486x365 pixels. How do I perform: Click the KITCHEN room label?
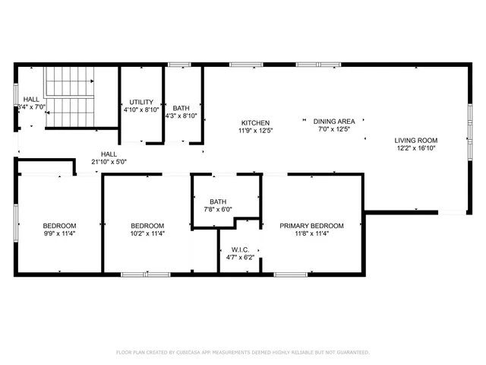pos(254,123)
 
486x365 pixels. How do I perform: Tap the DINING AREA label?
pos(334,121)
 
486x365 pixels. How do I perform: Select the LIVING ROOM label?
pos(415,140)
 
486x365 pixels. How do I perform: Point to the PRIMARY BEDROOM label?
pos(311,226)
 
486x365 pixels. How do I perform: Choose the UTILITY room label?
pos(141,102)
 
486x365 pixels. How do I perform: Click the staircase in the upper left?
pos(68,97)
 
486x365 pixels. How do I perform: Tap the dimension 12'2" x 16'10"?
pos(415,149)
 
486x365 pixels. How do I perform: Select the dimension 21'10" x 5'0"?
pos(109,161)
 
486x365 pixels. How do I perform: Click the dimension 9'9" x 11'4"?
pos(59,235)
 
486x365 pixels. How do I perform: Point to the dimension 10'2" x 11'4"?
pos(147,235)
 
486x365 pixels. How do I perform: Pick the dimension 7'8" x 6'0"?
pos(218,210)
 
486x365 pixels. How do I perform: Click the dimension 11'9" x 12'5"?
pos(254,131)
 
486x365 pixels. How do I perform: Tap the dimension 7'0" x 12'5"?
pos(334,129)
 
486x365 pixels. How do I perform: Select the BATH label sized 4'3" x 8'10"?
pos(181,108)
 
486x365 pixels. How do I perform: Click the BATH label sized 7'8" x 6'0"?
pos(218,202)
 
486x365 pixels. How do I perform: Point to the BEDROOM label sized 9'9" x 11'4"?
pos(59,226)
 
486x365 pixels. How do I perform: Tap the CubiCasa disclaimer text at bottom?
pos(242,353)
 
